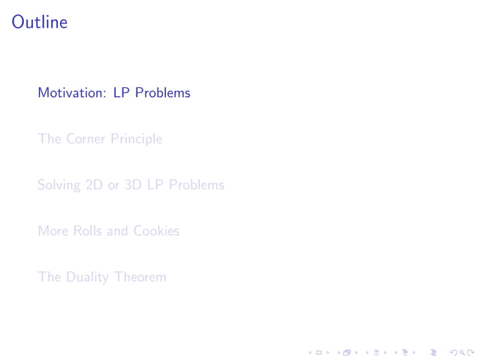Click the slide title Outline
[x=40, y=23]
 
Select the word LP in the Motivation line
[x=122, y=93]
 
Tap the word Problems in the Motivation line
[x=163, y=93]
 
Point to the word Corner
[x=86, y=139]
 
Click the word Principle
[x=136, y=140]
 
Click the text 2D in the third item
[x=95, y=185]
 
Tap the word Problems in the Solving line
[x=196, y=185]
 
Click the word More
[x=53, y=231]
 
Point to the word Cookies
[x=156, y=231]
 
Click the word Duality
[x=87, y=277]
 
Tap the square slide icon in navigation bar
[x=319, y=351]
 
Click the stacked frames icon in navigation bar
[x=346, y=351]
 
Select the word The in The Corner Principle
[x=49, y=139]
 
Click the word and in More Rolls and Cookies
[x=118, y=231]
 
